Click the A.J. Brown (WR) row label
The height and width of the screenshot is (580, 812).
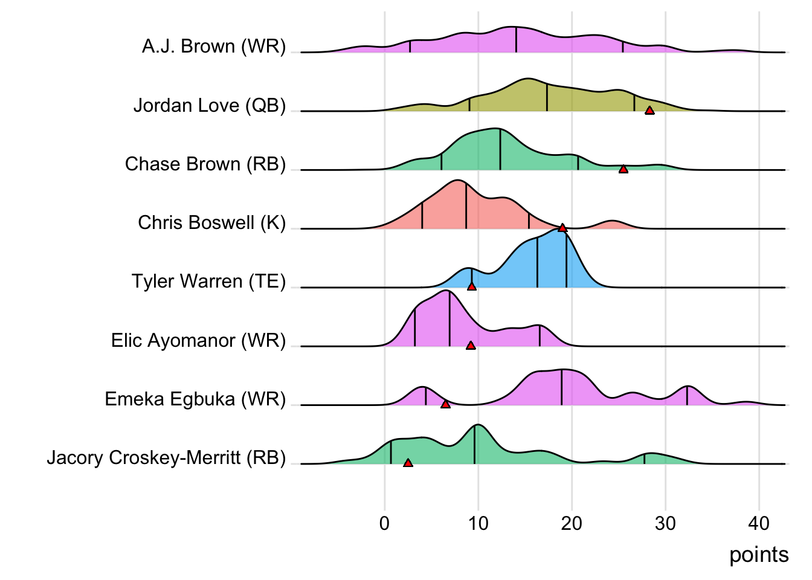click(x=214, y=47)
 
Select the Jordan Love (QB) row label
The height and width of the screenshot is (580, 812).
click(x=210, y=106)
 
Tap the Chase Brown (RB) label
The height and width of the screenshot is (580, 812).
click(x=205, y=164)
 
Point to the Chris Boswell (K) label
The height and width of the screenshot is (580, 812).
click(x=212, y=223)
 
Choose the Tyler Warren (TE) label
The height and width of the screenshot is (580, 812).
click(x=209, y=282)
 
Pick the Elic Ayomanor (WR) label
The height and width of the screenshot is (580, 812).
click(x=199, y=341)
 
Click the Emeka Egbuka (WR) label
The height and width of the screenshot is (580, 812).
click(x=195, y=399)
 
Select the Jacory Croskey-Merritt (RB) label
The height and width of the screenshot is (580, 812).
click(x=166, y=458)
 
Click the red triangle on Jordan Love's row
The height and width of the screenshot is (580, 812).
click(x=649, y=110)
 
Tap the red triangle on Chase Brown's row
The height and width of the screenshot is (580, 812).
click(x=623, y=169)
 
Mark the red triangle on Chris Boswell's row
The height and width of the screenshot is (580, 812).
click(x=562, y=228)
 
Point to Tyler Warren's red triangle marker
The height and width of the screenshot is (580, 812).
click(x=472, y=286)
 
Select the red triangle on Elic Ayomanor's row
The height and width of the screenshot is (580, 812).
click(x=471, y=346)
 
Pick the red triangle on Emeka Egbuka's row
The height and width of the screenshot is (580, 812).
click(x=445, y=404)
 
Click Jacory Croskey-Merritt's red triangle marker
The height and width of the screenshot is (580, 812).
click(x=408, y=463)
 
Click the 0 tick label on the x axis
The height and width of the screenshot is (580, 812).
click(x=385, y=523)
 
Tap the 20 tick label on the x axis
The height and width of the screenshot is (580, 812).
click(x=572, y=523)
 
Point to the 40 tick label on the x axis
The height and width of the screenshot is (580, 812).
click(x=759, y=523)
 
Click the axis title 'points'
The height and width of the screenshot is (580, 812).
click(x=759, y=555)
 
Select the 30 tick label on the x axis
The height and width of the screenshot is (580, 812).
click(x=665, y=523)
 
